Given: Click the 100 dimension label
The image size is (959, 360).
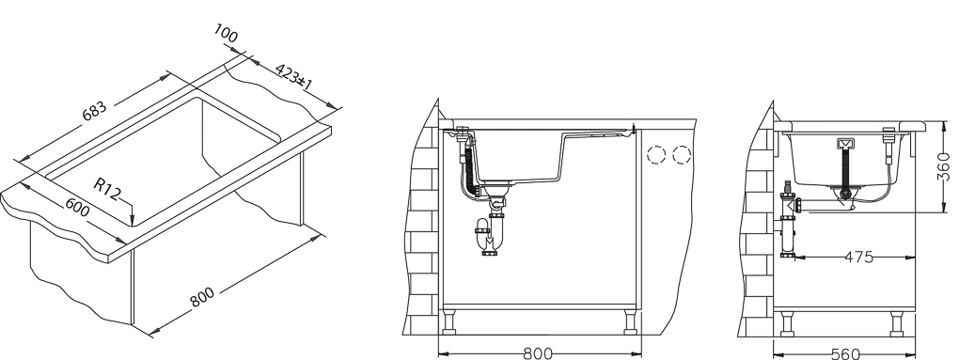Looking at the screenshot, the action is (226, 33).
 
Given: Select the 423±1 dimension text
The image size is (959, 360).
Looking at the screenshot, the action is (293, 78).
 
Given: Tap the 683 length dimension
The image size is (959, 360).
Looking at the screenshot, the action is (95, 111).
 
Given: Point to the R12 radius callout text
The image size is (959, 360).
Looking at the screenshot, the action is (107, 189).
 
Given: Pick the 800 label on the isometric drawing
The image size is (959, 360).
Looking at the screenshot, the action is (202, 296).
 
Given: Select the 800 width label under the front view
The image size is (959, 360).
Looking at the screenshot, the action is (538, 353).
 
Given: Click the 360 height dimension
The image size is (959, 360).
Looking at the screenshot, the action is (944, 166).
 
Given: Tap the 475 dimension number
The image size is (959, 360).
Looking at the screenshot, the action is (858, 258).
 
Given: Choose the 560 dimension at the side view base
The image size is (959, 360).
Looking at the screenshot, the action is (845, 353).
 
